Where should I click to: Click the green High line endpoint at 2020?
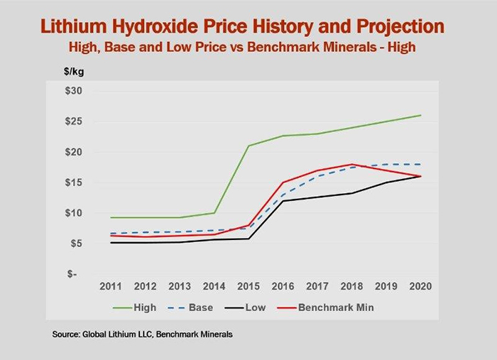[420, 115]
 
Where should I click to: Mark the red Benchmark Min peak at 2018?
[351, 164]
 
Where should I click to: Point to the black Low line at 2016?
[282, 200]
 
